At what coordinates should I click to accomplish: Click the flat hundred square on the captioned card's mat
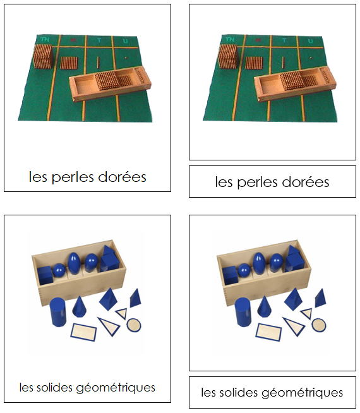[x=68, y=63]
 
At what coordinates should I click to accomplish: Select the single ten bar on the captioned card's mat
[x=99, y=61]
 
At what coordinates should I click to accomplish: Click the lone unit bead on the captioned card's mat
[x=126, y=58]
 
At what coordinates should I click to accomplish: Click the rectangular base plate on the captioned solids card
[x=83, y=331]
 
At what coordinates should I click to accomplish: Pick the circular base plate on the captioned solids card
[x=134, y=325]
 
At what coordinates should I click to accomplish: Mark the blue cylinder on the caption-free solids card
[x=244, y=313]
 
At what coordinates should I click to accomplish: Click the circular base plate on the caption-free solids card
[x=319, y=325]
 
